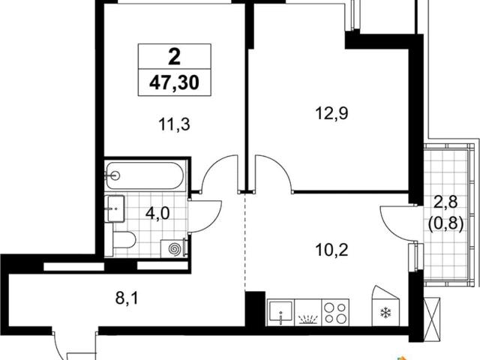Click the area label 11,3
pyautogui.click(x=174, y=125)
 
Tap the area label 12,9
pyautogui.click(x=331, y=113)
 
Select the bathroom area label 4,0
pyautogui.click(x=157, y=213)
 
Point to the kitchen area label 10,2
pyautogui.click(x=331, y=250)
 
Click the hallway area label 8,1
pyautogui.click(x=127, y=298)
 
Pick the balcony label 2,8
pyautogui.click(x=446, y=202)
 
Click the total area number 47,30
pyautogui.click(x=174, y=82)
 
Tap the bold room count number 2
pyautogui.click(x=175, y=57)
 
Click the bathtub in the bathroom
pyautogui.click(x=145, y=175)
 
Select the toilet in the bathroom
pyautogui.click(x=124, y=240)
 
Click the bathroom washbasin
pyautogui.click(x=115, y=208)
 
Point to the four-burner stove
pyautogui.click(x=335, y=313)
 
